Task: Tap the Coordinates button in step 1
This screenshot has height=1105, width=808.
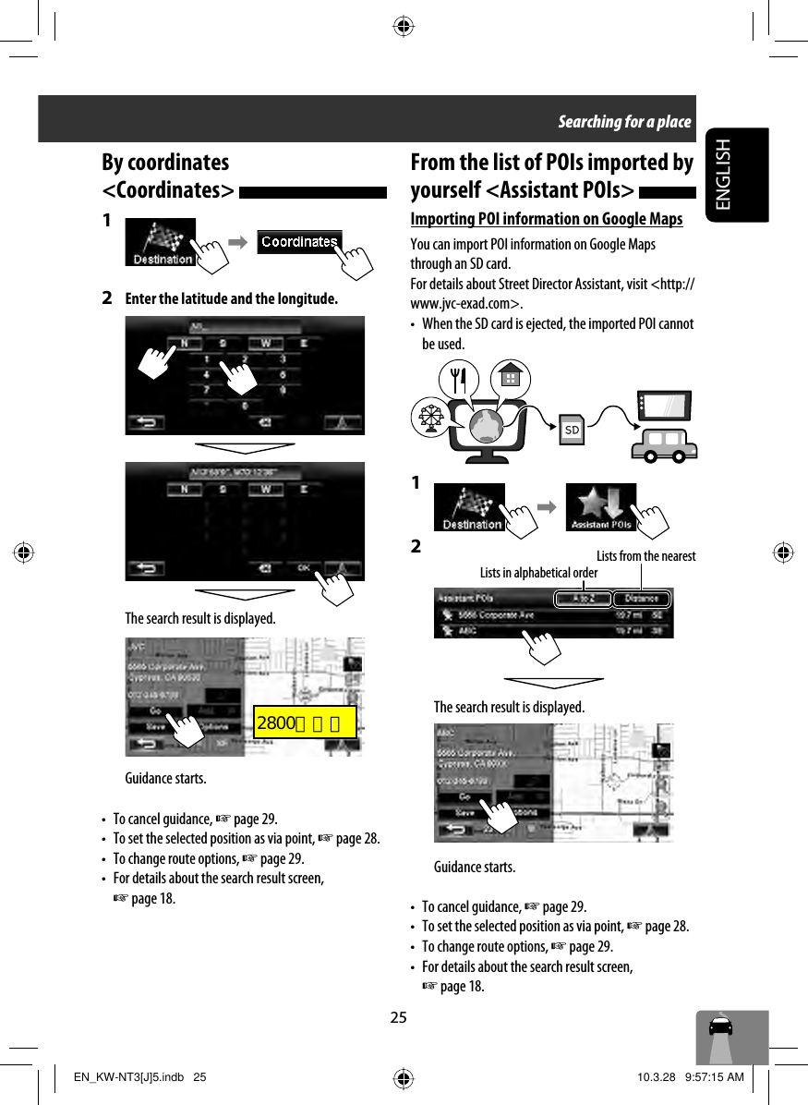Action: pyautogui.click(x=299, y=242)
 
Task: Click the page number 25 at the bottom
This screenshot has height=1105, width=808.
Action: pyautogui.click(x=398, y=1018)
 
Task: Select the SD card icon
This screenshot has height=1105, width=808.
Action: pyautogui.click(x=573, y=430)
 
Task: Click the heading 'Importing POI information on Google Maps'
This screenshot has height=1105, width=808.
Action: pyautogui.click(x=547, y=218)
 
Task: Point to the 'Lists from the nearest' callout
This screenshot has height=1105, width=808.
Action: pyautogui.click(x=645, y=556)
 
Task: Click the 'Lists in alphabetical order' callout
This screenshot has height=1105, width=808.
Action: pyautogui.click(x=538, y=573)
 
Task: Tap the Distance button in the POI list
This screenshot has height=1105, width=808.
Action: pyautogui.click(x=641, y=599)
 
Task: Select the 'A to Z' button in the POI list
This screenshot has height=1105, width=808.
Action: pyautogui.click(x=583, y=599)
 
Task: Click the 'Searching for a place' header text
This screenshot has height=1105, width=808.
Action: pyautogui.click(x=623, y=122)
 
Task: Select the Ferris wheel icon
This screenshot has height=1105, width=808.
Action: pyautogui.click(x=429, y=417)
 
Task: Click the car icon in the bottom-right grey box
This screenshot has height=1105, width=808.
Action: pyautogui.click(x=720, y=1027)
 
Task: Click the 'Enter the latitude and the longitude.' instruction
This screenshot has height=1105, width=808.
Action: pyautogui.click(x=231, y=299)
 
